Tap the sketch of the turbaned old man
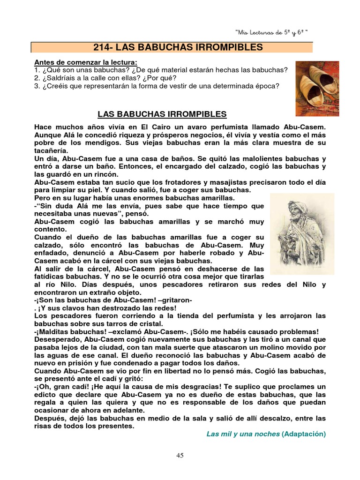coord(302,233)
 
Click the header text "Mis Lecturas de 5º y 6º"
coord(271,32)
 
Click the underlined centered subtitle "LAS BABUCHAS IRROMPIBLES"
coord(162,114)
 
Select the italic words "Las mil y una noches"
coord(243,434)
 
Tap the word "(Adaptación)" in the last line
coord(303,434)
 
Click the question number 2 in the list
coord(37,78)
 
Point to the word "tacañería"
coord(51,150)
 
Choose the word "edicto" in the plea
coord(46,395)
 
